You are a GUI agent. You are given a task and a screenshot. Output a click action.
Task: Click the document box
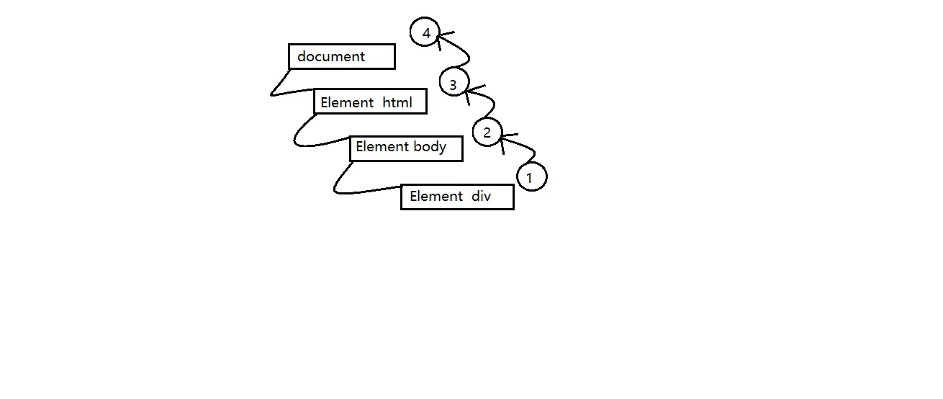[x=341, y=57]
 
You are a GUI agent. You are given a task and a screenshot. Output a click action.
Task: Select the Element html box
[x=370, y=102]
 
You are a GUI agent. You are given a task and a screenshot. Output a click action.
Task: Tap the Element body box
[x=405, y=148]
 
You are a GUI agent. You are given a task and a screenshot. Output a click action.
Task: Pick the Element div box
[x=457, y=197]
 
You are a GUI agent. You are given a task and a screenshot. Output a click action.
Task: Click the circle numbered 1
[x=532, y=176]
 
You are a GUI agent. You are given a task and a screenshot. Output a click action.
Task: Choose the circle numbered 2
[x=487, y=133]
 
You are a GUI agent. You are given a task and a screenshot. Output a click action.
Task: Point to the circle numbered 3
[x=454, y=85]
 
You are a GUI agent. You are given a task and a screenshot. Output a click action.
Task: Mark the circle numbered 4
[x=425, y=33]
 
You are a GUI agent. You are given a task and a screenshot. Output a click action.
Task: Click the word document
[x=331, y=56]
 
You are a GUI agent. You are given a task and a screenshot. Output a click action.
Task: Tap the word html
[x=397, y=102]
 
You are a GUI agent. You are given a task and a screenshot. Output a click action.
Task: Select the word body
[x=430, y=147]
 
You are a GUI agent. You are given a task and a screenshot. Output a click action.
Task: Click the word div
[x=482, y=196]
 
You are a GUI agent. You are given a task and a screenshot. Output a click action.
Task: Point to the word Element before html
[x=347, y=102]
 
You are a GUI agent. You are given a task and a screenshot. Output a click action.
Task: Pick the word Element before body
[x=382, y=147]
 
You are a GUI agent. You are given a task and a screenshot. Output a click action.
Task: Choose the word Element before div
[x=436, y=196]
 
